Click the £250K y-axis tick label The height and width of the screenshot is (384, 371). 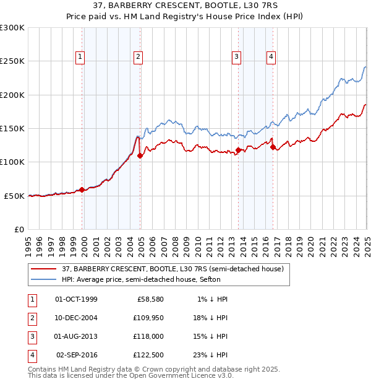tap(12, 61)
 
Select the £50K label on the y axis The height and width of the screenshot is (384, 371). tap(14, 196)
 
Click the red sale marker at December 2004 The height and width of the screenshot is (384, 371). tap(140, 155)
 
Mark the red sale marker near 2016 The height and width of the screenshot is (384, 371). tap(273, 147)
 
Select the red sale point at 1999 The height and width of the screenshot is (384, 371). tap(82, 190)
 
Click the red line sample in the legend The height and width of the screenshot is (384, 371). tap(43, 269)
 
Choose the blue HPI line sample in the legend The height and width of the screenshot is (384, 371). tap(43, 279)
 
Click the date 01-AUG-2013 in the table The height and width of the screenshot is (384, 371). tap(76, 336)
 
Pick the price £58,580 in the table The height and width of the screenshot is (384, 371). tap(147, 299)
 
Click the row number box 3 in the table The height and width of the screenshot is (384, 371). tap(31, 336)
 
